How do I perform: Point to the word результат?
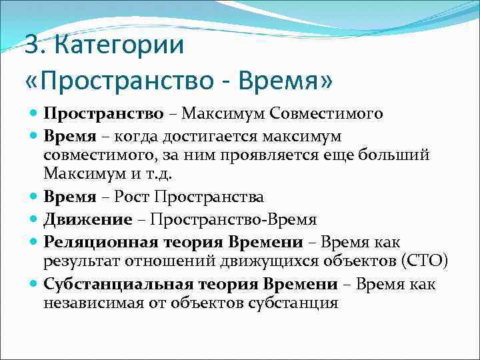tap(79, 261)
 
